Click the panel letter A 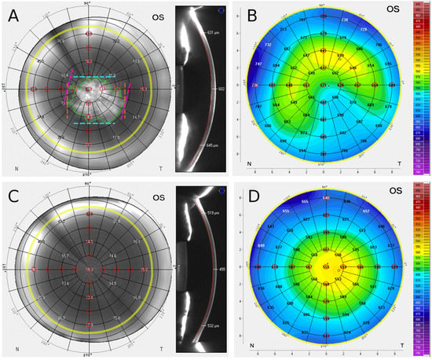tap(14, 16)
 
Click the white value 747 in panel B tap(259, 62)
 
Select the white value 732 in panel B tap(268, 46)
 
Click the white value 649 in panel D tap(261, 246)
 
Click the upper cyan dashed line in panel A tap(97, 76)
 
